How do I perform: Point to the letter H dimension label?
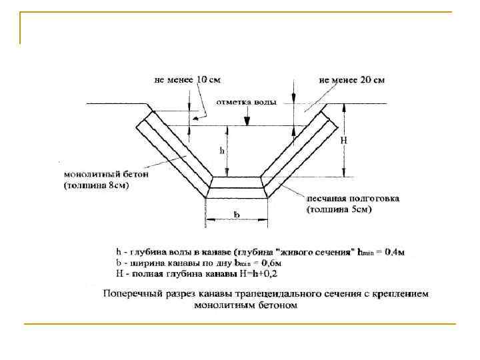(x=344, y=141)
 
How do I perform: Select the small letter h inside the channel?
(x=222, y=151)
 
